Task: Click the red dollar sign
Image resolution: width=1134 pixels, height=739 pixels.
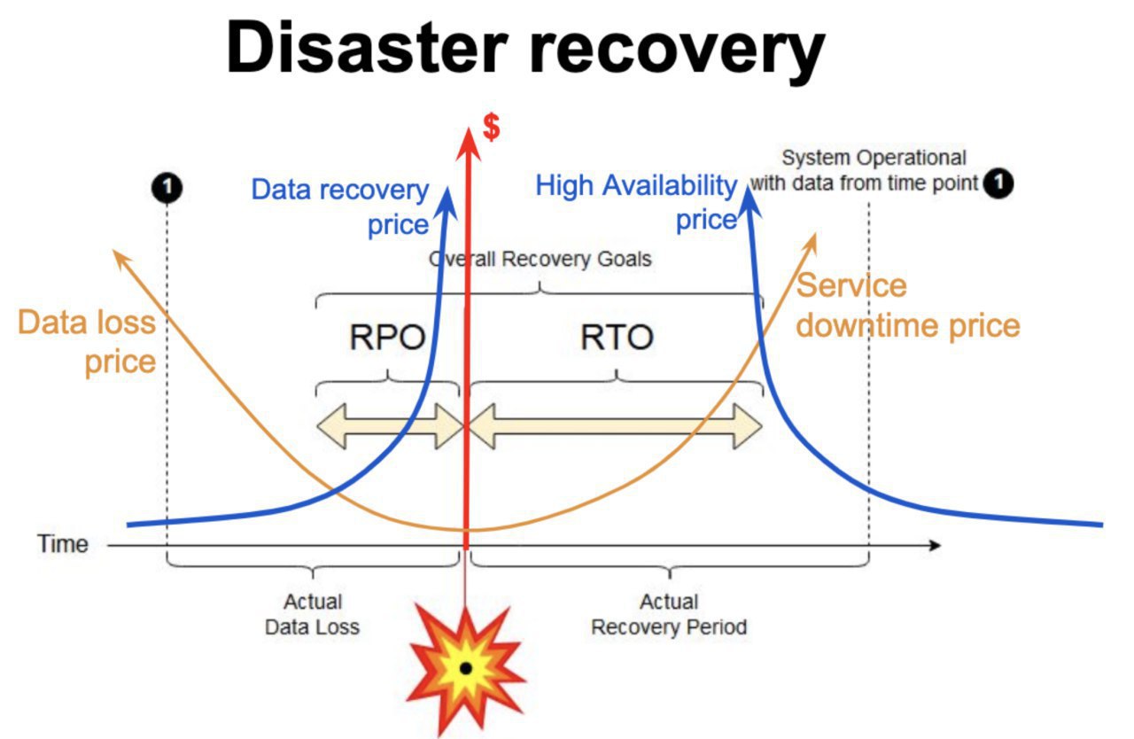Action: click(x=491, y=127)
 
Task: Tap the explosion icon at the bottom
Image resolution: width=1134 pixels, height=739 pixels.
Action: click(x=466, y=669)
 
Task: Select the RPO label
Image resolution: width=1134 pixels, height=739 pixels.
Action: click(x=387, y=337)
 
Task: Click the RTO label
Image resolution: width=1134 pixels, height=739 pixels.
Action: click(x=617, y=337)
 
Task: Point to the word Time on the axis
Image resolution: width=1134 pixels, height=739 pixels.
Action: click(x=63, y=544)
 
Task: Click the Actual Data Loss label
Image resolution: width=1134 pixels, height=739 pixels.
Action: click(x=313, y=614)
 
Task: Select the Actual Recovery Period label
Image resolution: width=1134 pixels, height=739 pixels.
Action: click(x=669, y=614)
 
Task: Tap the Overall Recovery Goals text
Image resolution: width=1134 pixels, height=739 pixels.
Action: click(x=540, y=259)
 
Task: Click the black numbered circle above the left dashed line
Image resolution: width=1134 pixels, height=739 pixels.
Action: click(x=167, y=188)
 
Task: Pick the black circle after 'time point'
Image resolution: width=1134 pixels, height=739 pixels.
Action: click(x=998, y=183)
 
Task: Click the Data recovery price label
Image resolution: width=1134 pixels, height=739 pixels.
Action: click(x=340, y=206)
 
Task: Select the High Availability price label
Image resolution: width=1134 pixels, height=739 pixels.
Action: click(x=636, y=202)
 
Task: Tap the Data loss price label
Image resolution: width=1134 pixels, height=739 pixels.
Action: click(x=87, y=342)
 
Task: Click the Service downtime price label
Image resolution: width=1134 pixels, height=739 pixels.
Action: click(x=908, y=305)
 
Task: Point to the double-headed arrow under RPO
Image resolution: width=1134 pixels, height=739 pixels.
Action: click(x=389, y=426)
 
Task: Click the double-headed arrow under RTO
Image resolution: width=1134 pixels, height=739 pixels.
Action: click(x=616, y=426)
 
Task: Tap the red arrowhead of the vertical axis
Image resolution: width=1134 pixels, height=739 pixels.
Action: click(x=468, y=144)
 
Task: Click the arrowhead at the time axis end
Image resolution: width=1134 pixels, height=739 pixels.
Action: click(x=935, y=545)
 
